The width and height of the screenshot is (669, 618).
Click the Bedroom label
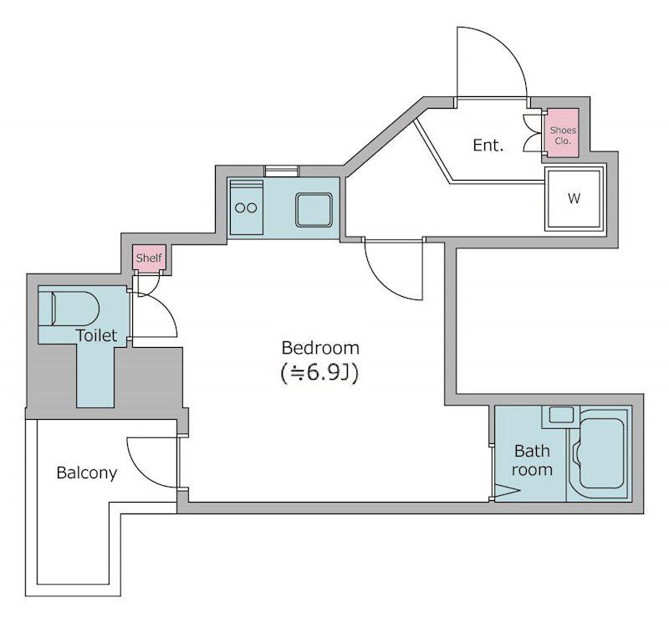tap(320, 348)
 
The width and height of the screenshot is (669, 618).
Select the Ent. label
tap(488, 146)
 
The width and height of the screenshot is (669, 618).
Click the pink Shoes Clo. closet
tap(563, 133)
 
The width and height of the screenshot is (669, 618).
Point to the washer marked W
tap(575, 198)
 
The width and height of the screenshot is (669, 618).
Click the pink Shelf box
tap(149, 258)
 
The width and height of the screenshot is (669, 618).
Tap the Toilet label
tap(96, 335)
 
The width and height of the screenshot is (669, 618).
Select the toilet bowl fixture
tap(69, 309)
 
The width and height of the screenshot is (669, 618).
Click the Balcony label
tap(87, 472)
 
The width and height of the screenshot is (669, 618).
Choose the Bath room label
tap(532, 460)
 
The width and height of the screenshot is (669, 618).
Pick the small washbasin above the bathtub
tap(561, 415)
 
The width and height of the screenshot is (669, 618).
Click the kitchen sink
tap(314, 210)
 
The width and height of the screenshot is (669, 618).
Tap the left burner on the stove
tap(240, 208)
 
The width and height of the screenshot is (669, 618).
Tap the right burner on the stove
tap(253, 208)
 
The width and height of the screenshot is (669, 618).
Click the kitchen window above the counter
tap(281, 171)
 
